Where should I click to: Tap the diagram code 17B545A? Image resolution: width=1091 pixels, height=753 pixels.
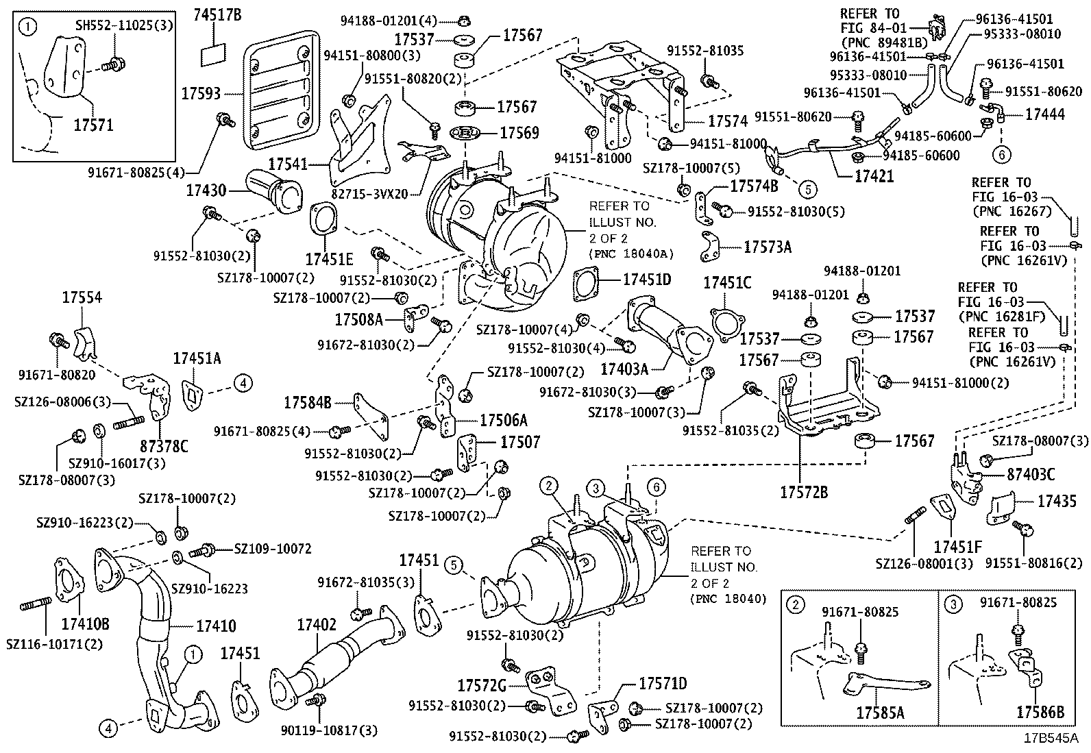click(1051, 739)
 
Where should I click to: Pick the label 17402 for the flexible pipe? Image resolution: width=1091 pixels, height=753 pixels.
click(316, 625)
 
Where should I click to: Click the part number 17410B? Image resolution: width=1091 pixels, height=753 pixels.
click(85, 624)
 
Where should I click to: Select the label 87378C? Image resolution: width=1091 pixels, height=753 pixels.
click(164, 447)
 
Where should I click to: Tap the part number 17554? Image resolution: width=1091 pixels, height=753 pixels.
click(82, 297)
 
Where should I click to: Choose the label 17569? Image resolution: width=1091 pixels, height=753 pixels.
click(519, 133)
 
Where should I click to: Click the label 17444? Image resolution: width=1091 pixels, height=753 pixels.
click(1044, 114)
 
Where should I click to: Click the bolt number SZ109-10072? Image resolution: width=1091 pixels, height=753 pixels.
click(273, 549)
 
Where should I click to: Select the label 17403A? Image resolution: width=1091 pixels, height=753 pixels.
click(624, 369)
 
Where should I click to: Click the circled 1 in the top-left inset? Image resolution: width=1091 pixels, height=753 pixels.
click(27, 28)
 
